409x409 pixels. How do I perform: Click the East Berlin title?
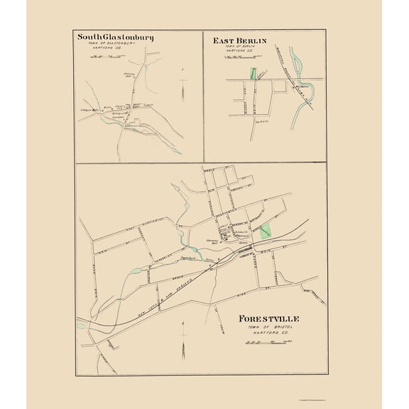tap(239, 41)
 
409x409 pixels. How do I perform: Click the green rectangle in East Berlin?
tap(251, 73)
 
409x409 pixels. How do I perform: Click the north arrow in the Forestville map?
tap(182, 341)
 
